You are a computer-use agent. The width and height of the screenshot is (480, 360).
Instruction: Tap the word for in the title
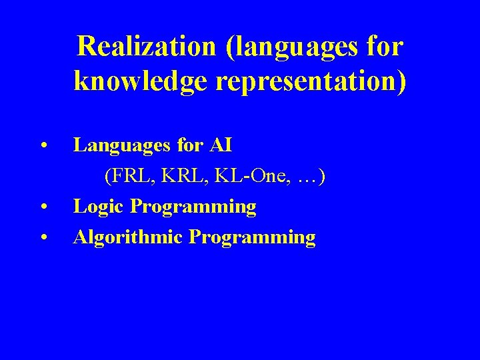(385, 47)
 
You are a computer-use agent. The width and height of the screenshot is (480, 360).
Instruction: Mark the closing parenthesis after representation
(401, 81)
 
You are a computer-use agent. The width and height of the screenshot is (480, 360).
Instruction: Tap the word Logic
(99, 207)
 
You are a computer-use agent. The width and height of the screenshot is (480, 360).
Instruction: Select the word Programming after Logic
(193, 207)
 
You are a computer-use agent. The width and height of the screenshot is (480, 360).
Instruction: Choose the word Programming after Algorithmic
(253, 238)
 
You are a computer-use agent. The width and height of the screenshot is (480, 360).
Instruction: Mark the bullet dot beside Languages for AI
(43, 145)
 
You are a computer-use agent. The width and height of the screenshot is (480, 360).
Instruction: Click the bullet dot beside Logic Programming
(43, 207)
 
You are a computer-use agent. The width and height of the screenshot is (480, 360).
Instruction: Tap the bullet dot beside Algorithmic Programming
(43, 237)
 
